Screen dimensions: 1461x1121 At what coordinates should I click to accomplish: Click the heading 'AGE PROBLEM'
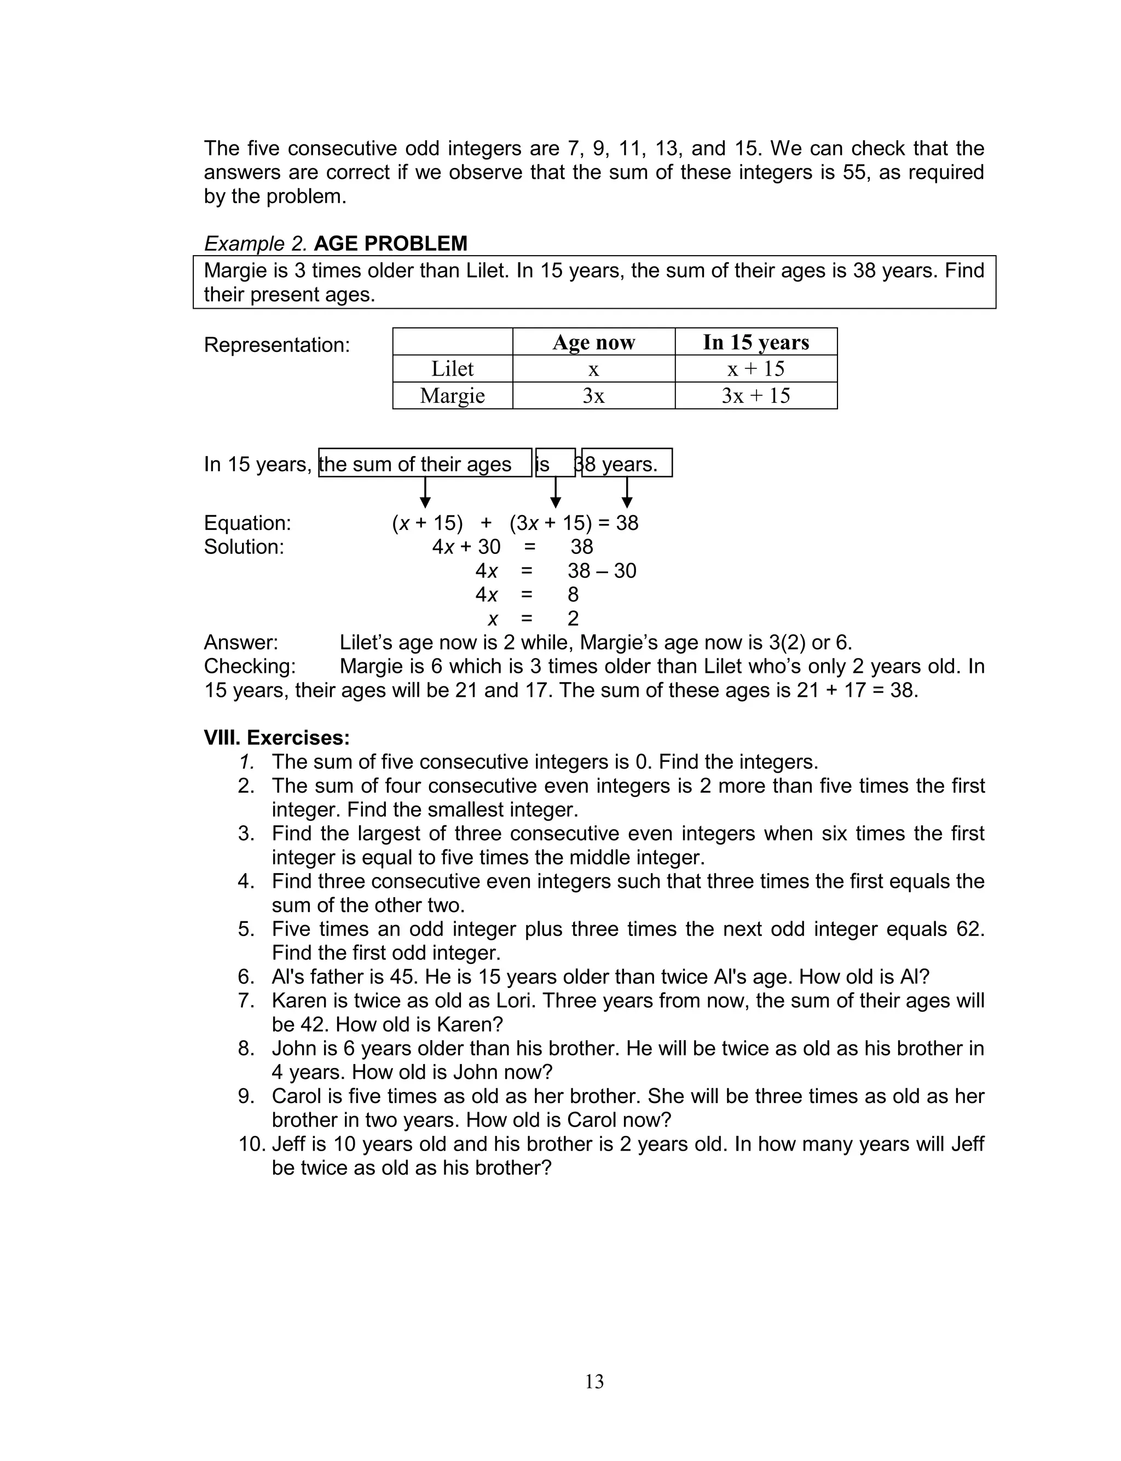pos(390,244)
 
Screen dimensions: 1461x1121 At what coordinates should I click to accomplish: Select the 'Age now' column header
pos(593,342)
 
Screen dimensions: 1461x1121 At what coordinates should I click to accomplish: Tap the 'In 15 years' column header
pos(755,342)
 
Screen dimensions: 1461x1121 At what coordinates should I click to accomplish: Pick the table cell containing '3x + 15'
pos(755,396)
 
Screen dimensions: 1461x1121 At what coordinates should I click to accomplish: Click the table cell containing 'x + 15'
pos(755,369)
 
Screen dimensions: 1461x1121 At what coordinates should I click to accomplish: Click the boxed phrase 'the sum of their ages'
pos(415,464)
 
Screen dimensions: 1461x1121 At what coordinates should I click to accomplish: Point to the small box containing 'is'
pos(554,464)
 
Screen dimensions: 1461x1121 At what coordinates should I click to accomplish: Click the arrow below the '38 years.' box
pos(627,494)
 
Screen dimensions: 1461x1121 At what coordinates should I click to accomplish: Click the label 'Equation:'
pos(247,523)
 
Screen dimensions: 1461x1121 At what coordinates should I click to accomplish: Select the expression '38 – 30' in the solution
pos(602,571)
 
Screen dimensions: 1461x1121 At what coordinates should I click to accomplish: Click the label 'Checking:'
pos(250,667)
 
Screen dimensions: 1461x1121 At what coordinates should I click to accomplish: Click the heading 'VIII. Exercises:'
pos(276,738)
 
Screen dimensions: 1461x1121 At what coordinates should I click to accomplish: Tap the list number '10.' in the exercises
pos(252,1144)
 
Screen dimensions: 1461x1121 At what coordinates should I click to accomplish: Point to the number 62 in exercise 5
pos(969,929)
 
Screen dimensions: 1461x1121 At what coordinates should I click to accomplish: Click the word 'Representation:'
pos(276,345)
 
